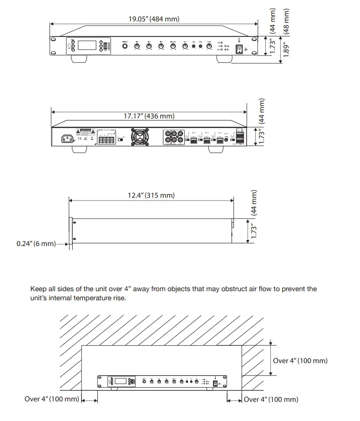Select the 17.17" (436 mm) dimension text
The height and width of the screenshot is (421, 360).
click(149, 116)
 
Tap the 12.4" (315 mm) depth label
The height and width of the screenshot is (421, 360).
click(151, 195)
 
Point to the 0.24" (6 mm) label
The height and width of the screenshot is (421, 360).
click(35, 244)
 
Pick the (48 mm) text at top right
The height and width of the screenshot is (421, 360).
click(286, 20)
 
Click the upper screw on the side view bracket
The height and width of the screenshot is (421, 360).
click(75, 223)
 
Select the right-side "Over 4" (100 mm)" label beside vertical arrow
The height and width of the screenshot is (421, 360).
click(300, 360)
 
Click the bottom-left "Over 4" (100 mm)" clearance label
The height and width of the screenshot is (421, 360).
click(52, 399)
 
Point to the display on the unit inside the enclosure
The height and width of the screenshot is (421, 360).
click(121, 382)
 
